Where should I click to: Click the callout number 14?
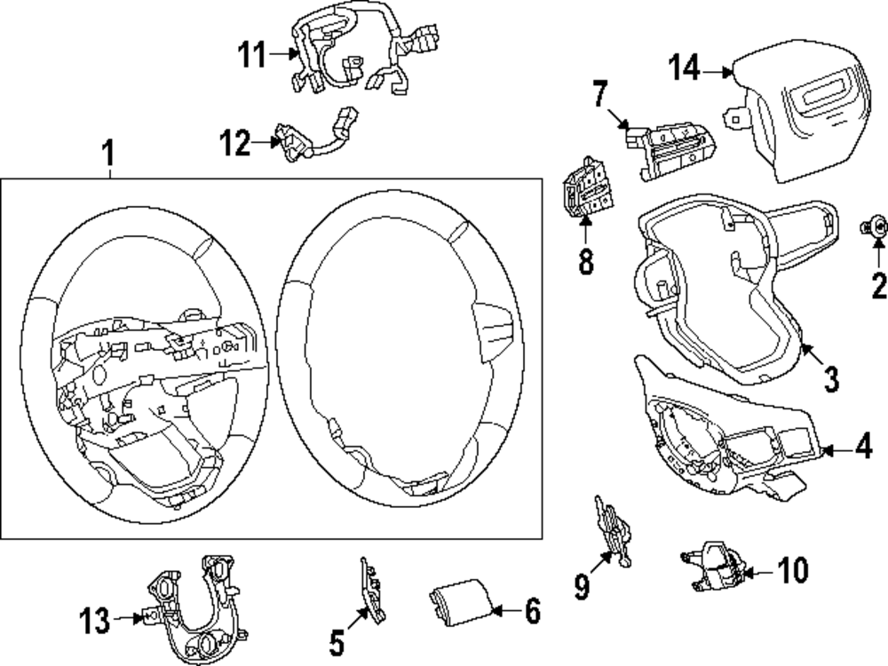click(x=686, y=68)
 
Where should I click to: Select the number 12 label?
click(x=236, y=142)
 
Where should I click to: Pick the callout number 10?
click(x=793, y=571)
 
